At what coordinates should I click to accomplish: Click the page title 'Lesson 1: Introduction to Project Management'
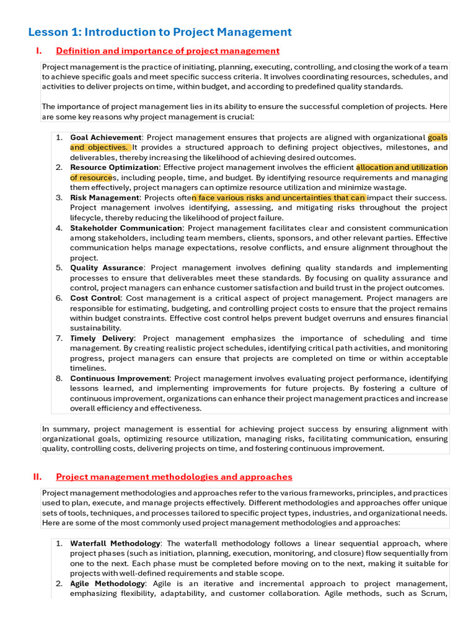click(x=160, y=32)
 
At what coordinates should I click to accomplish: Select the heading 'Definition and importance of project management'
click(x=167, y=51)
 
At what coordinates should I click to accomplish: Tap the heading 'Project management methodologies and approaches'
click(x=174, y=477)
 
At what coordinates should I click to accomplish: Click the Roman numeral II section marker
click(x=37, y=477)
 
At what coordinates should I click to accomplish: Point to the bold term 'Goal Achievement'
click(x=106, y=138)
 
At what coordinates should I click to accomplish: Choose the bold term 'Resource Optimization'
click(x=115, y=167)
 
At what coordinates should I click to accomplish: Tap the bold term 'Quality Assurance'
click(x=107, y=268)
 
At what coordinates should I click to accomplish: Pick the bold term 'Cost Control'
click(x=95, y=298)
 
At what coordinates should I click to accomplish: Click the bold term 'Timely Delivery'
click(x=102, y=339)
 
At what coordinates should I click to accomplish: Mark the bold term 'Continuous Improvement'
click(x=120, y=378)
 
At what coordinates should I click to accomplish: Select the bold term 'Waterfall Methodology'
click(x=115, y=543)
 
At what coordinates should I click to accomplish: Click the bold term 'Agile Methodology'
click(x=107, y=584)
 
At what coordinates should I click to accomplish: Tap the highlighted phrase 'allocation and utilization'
click(x=402, y=167)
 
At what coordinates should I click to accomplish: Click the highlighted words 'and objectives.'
click(x=99, y=148)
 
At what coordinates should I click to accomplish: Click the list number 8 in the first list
click(x=59, y=378)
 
